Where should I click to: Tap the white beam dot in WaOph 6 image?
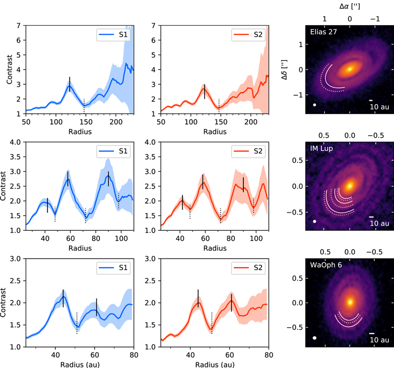[x=314, y=338]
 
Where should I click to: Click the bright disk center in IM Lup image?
[x=349, y=185]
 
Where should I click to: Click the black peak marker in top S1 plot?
[x=70, y=84]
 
